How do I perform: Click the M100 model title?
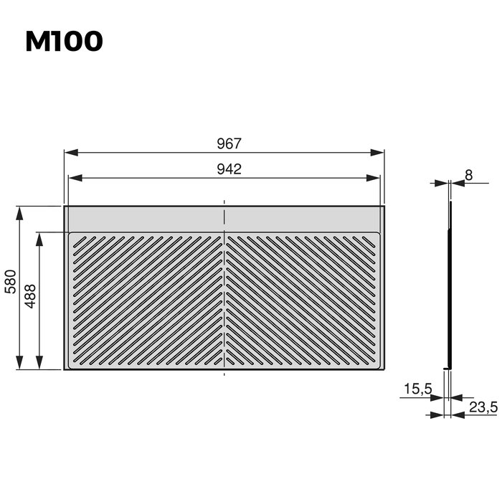point(65,42)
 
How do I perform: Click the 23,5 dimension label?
point(483,407)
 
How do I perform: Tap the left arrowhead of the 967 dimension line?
point(69,153)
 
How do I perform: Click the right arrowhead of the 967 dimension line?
point(381,153)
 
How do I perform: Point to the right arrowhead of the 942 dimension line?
point(376,178)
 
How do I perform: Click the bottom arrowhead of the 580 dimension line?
point(21,365)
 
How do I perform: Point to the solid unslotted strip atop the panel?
point(143,218)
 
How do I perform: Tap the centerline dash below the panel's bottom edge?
point(225,374)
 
